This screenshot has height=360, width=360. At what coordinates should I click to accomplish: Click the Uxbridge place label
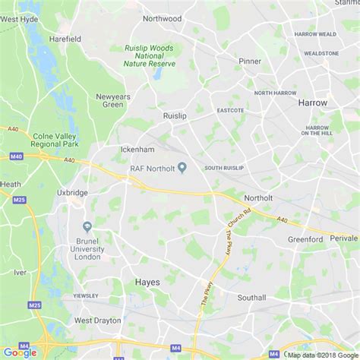click(72, 193)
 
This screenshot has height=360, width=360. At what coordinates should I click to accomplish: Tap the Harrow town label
click(312, 102)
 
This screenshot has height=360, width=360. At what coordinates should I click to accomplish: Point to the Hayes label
click(147, 281)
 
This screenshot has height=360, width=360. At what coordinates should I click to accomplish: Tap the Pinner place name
click(249, 61)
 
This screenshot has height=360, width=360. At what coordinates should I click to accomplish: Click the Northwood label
click(163, 18)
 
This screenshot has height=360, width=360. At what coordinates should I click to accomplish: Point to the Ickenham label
click(137, 150)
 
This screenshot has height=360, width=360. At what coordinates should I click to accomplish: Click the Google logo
click(20, 352)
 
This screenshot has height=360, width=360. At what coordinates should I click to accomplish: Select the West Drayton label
click(97, 321)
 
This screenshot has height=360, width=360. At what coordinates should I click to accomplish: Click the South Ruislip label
click(224, 168)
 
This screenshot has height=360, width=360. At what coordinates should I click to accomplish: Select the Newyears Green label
click(109, 100)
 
